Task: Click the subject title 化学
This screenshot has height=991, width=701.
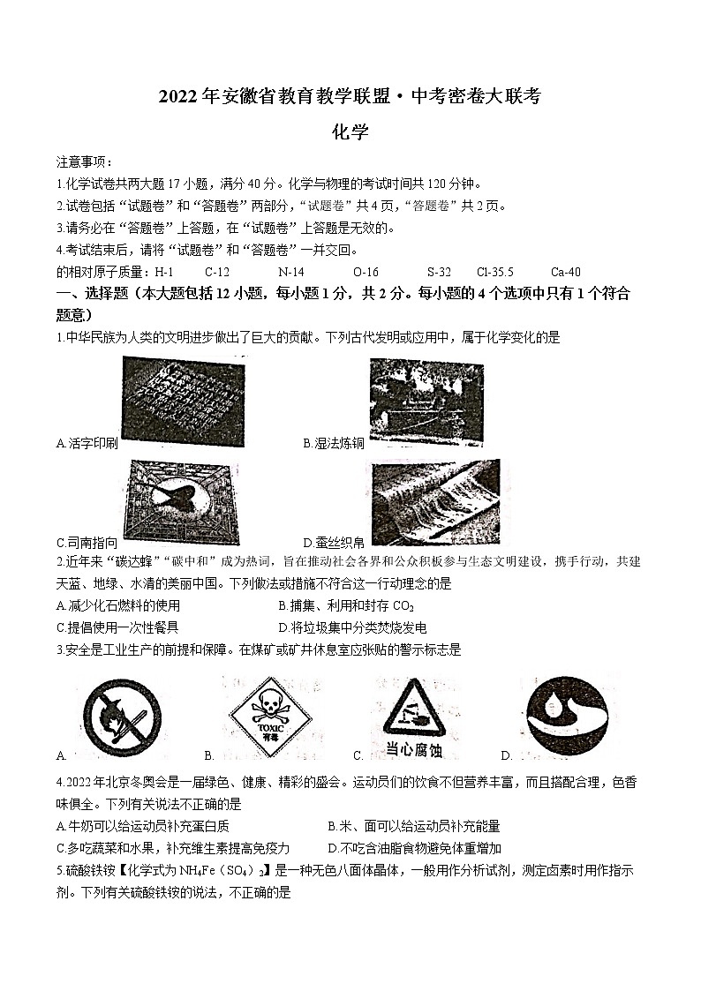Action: coord(350,133)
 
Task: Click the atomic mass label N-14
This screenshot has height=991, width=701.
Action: coord(290,272)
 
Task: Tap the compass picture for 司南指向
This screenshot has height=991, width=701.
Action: coord(182,500)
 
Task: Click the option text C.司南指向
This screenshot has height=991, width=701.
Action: coord(86,542)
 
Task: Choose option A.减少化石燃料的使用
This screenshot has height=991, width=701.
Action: coord(117,605)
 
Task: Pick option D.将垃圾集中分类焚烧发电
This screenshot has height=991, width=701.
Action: coord(351,627)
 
